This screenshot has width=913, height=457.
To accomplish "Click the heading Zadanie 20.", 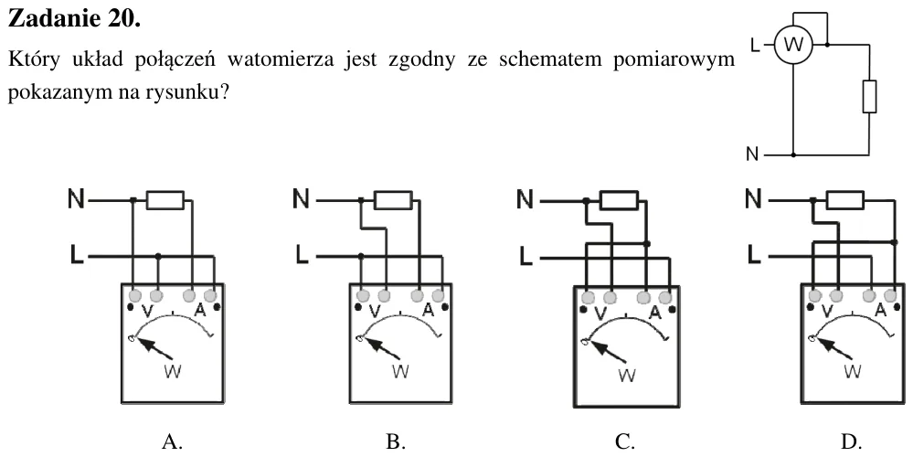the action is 74,18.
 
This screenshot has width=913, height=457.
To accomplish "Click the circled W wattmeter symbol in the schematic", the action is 793,44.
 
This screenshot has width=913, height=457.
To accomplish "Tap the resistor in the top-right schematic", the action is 869,96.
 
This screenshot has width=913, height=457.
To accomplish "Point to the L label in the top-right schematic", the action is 755,45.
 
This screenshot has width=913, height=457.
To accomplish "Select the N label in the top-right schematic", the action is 752,154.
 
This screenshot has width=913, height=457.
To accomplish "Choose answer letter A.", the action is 172,441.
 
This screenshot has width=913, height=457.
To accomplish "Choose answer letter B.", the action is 396,441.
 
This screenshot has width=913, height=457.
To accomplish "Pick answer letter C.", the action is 625,441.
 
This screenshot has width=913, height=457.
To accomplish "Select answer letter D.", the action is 851,441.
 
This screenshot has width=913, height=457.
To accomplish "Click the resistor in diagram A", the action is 165,200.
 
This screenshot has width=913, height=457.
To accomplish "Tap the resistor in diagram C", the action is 619,200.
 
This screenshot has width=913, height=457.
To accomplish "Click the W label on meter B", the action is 400,371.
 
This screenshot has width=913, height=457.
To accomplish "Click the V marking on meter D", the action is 826,312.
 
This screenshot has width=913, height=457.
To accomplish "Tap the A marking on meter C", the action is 655,314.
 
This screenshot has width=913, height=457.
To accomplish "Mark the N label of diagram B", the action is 301,199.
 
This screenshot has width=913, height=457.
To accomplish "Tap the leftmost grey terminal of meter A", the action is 134,294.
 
